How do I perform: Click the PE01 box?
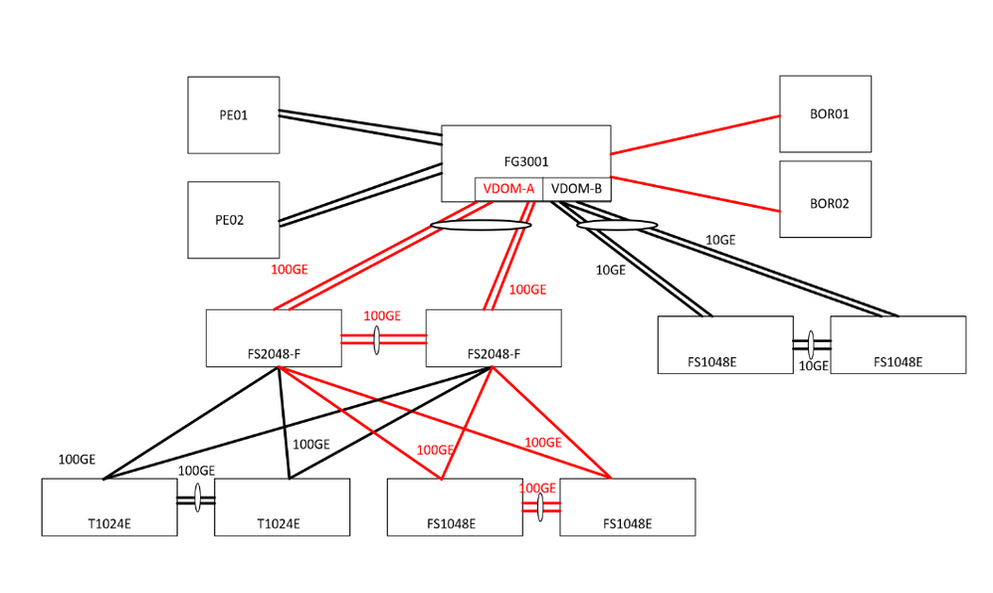point(233,114)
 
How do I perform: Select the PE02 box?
point(233,219)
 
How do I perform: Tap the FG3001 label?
point(525,159)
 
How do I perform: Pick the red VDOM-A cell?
point(508,189)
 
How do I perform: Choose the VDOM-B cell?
point(576,189)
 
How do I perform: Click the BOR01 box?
point(825,113)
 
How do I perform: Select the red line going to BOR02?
point(695,194)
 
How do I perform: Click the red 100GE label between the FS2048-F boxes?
point(382,316)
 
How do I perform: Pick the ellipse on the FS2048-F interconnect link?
point(377,338)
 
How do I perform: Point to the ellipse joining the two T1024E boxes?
point(197,499)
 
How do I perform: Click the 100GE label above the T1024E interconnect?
point(196,471)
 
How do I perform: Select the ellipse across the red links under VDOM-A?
point(480,225)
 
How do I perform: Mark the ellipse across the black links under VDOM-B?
point(617,225)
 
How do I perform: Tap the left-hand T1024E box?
point(108,507)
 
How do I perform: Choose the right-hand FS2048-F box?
point(493,338)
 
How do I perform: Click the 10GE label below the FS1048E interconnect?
point(813,366)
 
